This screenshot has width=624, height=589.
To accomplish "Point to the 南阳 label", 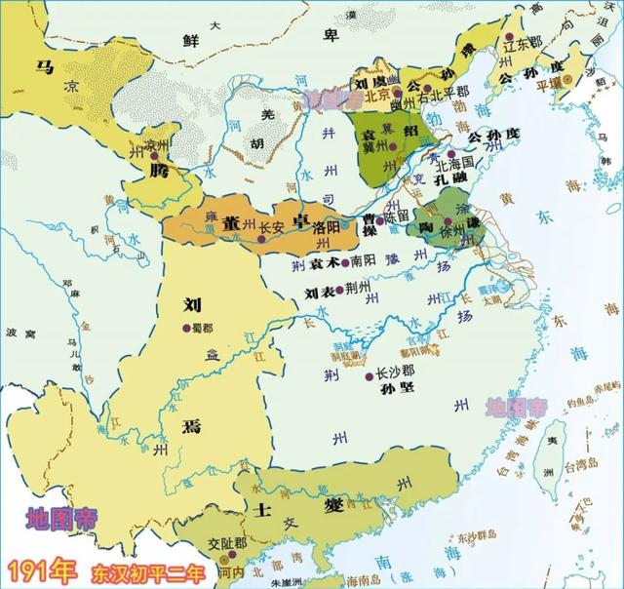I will pos(363,261).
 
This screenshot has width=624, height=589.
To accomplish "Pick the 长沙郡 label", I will pos(396,373).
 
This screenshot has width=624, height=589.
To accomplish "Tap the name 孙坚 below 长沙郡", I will pos(386,391).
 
